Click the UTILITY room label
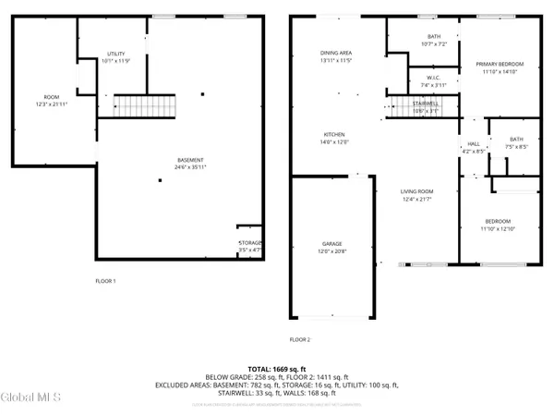click(x=115, y=55)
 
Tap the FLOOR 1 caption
click(x=107, y=280)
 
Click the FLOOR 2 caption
click(x=301, y=339)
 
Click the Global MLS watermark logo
click(x=33, y=398)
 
